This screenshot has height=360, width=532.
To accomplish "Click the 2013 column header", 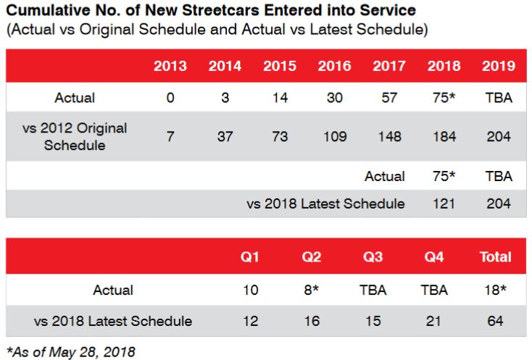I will [170, 66].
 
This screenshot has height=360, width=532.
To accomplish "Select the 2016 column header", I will [334, 66].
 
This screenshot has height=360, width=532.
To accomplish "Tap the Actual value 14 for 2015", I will [279, 98].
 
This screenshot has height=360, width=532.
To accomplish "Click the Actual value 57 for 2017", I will [389, 98].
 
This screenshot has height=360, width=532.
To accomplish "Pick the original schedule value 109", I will [334, 136].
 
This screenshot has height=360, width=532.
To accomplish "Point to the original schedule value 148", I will [389, 136].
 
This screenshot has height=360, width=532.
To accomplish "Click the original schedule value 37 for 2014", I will [225, 136].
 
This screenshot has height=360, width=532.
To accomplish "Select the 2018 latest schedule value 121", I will [444, 204].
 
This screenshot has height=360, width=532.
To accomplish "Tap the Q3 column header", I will [373, 257].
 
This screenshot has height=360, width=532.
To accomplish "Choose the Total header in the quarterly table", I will [496, 257].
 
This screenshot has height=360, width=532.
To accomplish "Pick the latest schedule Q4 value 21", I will [433, 321].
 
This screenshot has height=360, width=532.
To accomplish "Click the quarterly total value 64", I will [496, 321].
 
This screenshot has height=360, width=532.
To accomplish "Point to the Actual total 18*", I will [496, 290].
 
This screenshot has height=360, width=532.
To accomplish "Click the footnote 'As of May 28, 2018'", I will [70, 351].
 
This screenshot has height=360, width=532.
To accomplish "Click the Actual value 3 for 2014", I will [225, 98].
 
